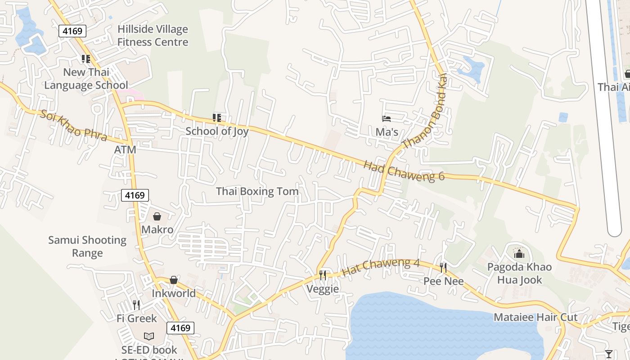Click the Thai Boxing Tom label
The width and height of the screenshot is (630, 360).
tap(257, 191)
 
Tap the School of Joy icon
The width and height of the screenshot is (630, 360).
tap(217, 118)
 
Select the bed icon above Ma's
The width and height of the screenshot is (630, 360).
tap(386, 119)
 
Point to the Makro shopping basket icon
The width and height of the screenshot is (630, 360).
tap(157, 216)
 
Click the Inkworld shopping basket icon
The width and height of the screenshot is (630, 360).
tap(174, 280)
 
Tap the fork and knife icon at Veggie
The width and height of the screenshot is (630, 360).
tap(323, 275)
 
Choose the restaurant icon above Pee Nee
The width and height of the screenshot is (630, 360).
tap(443, 268)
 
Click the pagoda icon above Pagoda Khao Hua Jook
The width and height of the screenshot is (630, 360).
tap(519, 253)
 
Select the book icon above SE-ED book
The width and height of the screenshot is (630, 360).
tap(149, 336)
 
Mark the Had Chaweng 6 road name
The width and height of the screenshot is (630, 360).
tap(404, 171)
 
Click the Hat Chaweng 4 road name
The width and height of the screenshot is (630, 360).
tap(381, 267)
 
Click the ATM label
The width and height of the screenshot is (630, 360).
tap(125, 149)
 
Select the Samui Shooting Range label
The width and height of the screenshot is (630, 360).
tap(87, 246)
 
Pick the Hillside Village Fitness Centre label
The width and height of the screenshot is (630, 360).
tap(153, 36)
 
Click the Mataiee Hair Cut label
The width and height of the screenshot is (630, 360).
tap(535, 317)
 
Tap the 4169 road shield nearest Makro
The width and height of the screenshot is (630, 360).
tap(135, 195)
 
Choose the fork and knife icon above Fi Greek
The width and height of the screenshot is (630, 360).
tap(136, 305)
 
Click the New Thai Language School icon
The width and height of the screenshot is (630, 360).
tap(86, 58)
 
